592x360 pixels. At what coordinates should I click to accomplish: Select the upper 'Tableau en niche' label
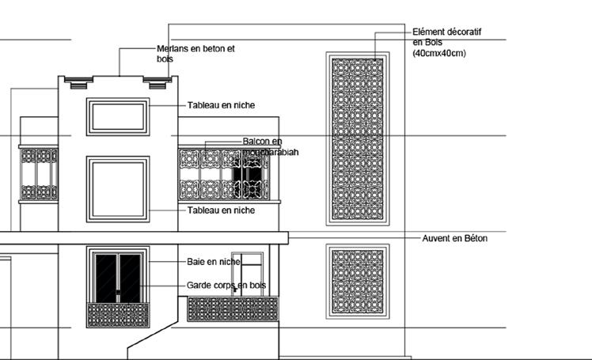pyautogui.click(x=221, y=104)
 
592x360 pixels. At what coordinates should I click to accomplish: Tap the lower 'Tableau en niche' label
pyautogui.click(x=221, y=210)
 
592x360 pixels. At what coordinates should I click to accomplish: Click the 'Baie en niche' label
pyautogui.click(x=214, y=261)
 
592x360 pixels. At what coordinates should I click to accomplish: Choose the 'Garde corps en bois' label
pyautogui.click(x=226, y=285)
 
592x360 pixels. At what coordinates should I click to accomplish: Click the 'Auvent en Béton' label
pyautogui.click(x=454, y=238)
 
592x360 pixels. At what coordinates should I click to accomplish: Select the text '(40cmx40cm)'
pyautogui.click(x=439, y=54)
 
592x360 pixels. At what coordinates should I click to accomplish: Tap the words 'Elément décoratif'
pyautogui.click(x=447, y=32)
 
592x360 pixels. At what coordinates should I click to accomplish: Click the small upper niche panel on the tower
pyautogui.click(x=117, y=116)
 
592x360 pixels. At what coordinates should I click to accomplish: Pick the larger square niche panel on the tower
pyautogui.click(x=117, y=188)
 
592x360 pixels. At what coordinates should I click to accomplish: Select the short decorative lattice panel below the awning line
pyautogui.click(x=357, y=281)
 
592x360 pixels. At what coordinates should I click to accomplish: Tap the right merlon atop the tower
pyautogui.click(x=157, y=81)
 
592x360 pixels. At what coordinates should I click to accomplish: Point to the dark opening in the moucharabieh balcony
pyautogui.click(x=247, y=176)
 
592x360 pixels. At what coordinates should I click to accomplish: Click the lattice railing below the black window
pyautogui.click(x=117, y=315)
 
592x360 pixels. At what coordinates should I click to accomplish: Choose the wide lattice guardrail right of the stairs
pyautogui.click(x=232, y=309)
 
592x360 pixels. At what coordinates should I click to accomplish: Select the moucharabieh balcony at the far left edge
pyautogui.click(x=39, y=173)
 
